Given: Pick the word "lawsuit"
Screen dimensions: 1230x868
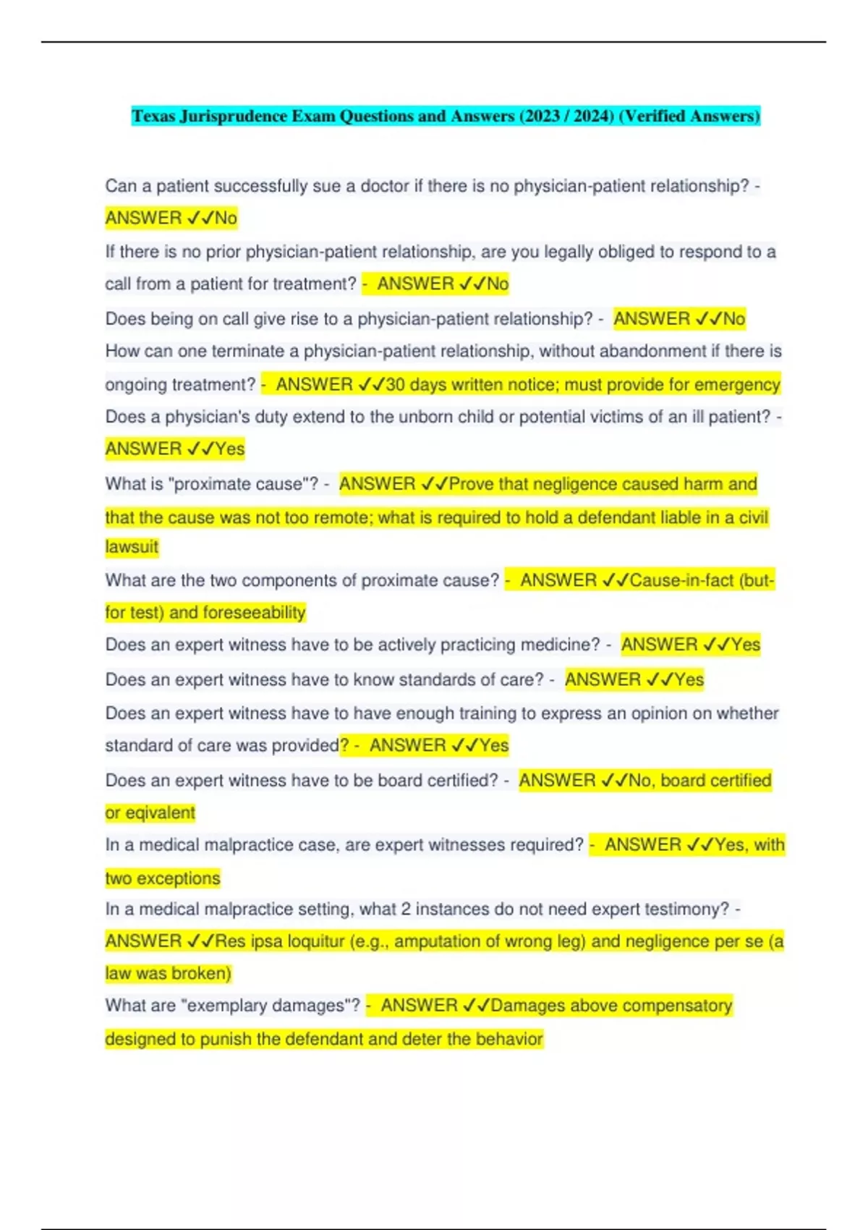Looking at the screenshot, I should coord(132,547).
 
